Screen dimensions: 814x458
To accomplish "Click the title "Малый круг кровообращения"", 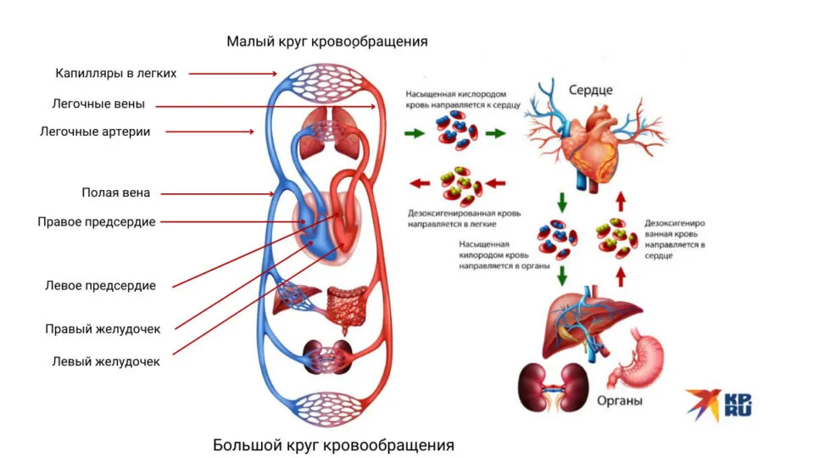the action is click(x=327, y=42).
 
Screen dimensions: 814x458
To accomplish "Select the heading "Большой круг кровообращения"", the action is click(x=333, y=445).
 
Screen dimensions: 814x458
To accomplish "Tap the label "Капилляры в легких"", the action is click(x=116, y=73).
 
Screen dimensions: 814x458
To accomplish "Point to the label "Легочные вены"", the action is click(x=98, y=103).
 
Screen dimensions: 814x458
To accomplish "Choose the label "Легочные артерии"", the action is click(x=95, y=132).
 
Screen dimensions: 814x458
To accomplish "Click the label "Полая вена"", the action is click(x=116, y=193).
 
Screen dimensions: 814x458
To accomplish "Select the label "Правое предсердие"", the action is click(x=97, y=222).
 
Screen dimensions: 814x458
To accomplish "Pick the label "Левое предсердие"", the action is click(x=100, y=286).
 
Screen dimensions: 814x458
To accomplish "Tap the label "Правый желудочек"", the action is click(x=103, y=329).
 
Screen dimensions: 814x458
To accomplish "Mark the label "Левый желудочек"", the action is click(x=106, y=362).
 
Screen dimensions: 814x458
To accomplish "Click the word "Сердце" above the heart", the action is click(x=591, y=91).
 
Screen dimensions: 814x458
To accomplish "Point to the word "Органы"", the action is click(x=620, y=401).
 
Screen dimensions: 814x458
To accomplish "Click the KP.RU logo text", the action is click(x=738, y=405).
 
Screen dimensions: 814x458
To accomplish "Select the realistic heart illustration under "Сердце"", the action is click(x=595, y=140).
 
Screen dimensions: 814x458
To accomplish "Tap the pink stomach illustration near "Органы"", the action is click(x=637, y=358).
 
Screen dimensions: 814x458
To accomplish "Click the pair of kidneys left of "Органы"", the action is click(x=554, y=388).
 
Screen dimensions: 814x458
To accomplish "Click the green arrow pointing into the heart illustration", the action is click(x=495, y=133).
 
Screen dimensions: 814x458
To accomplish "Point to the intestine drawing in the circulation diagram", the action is click(x=348, y=307).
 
